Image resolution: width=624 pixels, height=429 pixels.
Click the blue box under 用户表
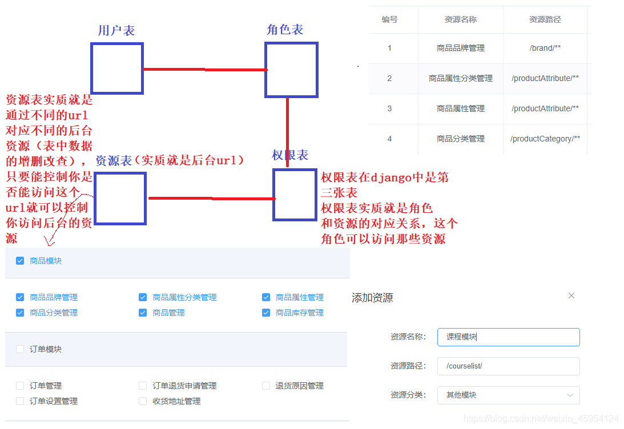pyautogui.click(x=116, y=68)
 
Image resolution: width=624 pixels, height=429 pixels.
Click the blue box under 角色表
pyautogui.click(x=291, y=70)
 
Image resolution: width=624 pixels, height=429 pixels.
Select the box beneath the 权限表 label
pyautogui.click(x=295, y=195)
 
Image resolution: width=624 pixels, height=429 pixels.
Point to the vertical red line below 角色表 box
pyautogui.click(x=287, y=131)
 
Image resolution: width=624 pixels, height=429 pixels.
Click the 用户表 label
pyautogui.click(x=116, y=30)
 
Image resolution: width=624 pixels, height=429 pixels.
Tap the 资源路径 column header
pyautogui.click(x=545, y=19)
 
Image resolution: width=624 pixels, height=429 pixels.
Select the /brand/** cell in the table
pyautogui.click(x=545, y=48)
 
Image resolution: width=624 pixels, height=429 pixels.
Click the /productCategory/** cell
pyautogui.click(x=545, y=139)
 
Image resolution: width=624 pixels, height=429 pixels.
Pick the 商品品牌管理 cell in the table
pyautogui.click(x=460, y=48)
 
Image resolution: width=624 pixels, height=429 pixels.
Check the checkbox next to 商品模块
pyautogui.click(x=20, y=261)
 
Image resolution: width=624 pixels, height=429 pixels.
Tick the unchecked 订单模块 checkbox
pyautogui.click(x=20, y=349)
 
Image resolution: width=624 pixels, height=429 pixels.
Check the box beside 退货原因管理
pyautogui.click(x=266, y=386)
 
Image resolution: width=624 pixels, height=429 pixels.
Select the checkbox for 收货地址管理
pyautogui.click(x=143, y=401)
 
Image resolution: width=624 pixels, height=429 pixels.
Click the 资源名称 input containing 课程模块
pyautogui.click(x=508, y=337)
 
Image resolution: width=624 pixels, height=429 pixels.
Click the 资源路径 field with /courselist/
pyautogui.click(x=508, y=366)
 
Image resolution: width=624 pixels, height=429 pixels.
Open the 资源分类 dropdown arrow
pyautogui.click(x=570, y=395)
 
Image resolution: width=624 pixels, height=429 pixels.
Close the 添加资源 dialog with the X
pyautogui.click(x=571, y=296)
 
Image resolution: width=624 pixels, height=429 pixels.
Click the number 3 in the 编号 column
pyautogui.click(x=389, y=108)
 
